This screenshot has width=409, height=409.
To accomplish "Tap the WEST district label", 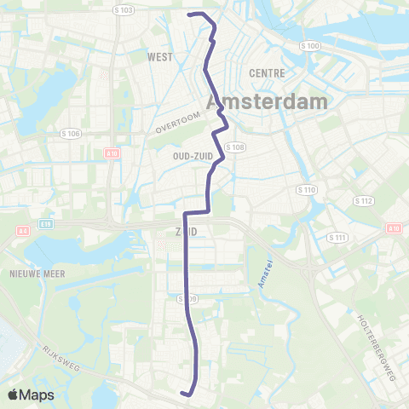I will click(160, 57).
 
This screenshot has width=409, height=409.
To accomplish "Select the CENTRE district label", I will click(267, 73).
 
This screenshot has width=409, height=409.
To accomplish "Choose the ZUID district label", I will click(185, 230).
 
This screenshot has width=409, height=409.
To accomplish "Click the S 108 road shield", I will click(236, 147).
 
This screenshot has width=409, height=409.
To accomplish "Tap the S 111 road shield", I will click(338, 237).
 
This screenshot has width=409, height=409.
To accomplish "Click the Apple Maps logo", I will click(31, 395).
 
